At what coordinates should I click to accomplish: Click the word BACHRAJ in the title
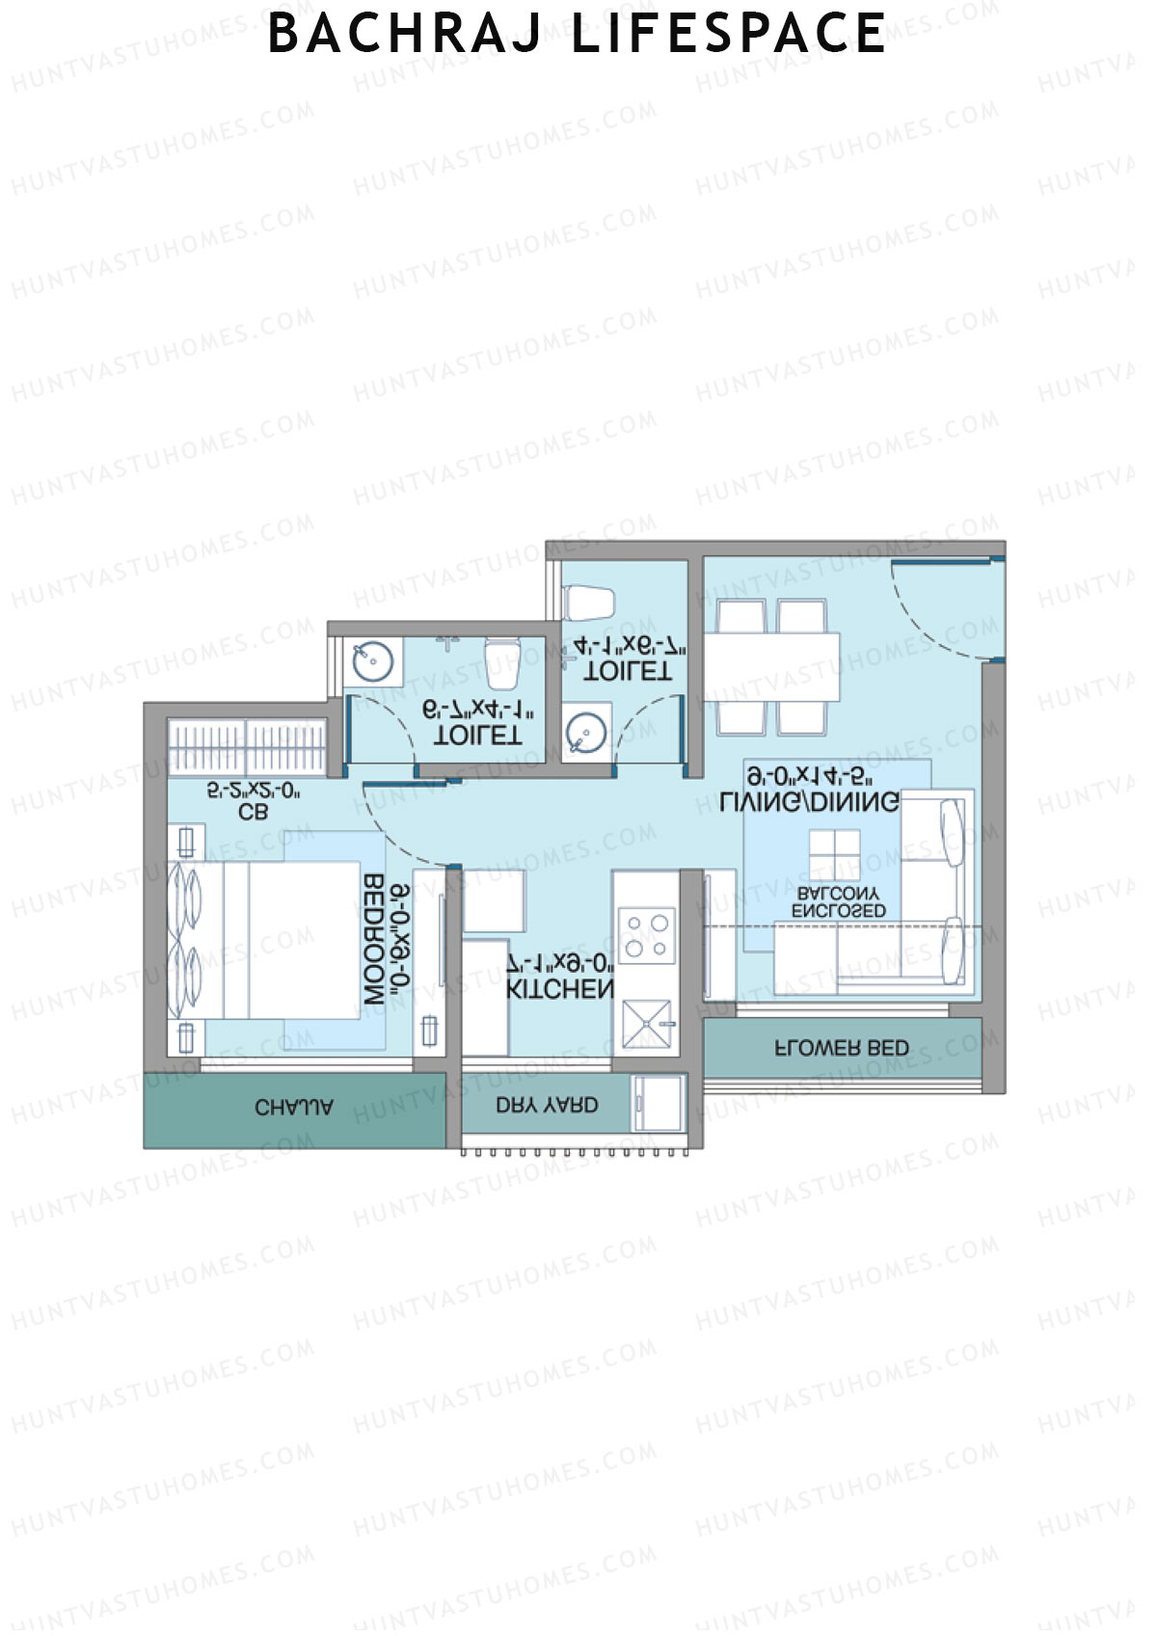pyautogui.click(x=407, y=34)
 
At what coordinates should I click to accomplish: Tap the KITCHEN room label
pyautogui.click(x=560, y=989)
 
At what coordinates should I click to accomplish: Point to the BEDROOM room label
pyautogui.click(x=374, y=940)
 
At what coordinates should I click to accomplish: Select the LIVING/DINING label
pyautogui.click(x=810, y=801)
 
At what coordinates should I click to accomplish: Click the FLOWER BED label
pyautogui.click(x=842, y=1048)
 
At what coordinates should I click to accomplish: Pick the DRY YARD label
pyautogui.click(x=547, y=1105)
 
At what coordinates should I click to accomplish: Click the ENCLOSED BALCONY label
pyautogui.click(x=839, y=902)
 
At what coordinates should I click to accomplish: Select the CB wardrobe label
pyautogui.click(x=253, y=813)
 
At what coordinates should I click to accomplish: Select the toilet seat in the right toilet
pyautogui.click(x=589, y=603)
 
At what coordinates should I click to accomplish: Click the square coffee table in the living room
pyautogui.click(x=834, y=855)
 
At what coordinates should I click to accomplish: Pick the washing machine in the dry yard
pyautogui.click(x=659, y=1103)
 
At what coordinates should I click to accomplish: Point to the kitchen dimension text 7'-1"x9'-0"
pyautogui.click(x=560, y=962)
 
